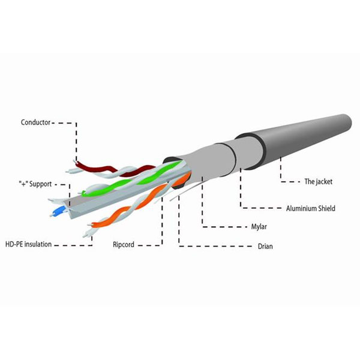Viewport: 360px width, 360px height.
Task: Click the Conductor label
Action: tap(35, 122)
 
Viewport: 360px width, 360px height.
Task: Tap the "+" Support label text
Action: tap(35, 184)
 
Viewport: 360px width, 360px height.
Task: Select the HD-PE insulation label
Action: tap(28, 244)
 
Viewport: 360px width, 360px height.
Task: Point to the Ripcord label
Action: tap(123, 245)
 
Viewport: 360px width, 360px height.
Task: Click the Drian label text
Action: tap(265, 247)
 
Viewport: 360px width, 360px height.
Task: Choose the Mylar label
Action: tap(259, 227)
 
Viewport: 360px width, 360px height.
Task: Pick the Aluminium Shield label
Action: tap(310, 208)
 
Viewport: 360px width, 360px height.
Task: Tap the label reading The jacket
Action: tap(318, 182)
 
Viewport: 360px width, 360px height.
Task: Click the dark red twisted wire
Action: tap(115, 169)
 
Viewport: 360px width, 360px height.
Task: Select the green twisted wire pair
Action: tap(131, 179)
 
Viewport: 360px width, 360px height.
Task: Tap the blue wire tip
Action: tap(58, 211)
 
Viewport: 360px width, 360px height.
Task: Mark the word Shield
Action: tap(326, 208)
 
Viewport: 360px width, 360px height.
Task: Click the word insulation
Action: tap(38, 244)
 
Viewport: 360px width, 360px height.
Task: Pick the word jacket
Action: tap(324, 182)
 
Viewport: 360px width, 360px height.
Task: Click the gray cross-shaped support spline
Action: tap(124, 197)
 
